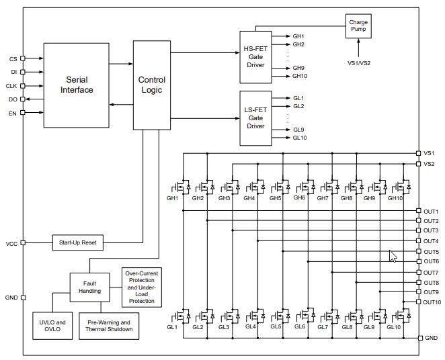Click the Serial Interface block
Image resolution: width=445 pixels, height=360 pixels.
click(x=76, y=85)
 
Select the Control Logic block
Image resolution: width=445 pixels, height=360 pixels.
click(x=151, y=85)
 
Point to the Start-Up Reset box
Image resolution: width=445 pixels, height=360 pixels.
click(x=77, y=242)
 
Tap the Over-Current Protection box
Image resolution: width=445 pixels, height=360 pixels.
click(x=141, y=287)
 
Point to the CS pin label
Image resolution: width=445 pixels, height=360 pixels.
click(x=13, y=59)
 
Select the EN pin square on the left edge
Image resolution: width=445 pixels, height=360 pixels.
click(x=23, y=113)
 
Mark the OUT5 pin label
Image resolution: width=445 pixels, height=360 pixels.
click(x=431, y=251)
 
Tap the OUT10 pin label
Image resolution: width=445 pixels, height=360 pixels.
click(x=432, y=302)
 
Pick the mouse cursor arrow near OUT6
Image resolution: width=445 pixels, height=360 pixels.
click(x=393, y=257)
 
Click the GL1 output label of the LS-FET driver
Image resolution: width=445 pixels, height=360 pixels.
click(x=298, y=97)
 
